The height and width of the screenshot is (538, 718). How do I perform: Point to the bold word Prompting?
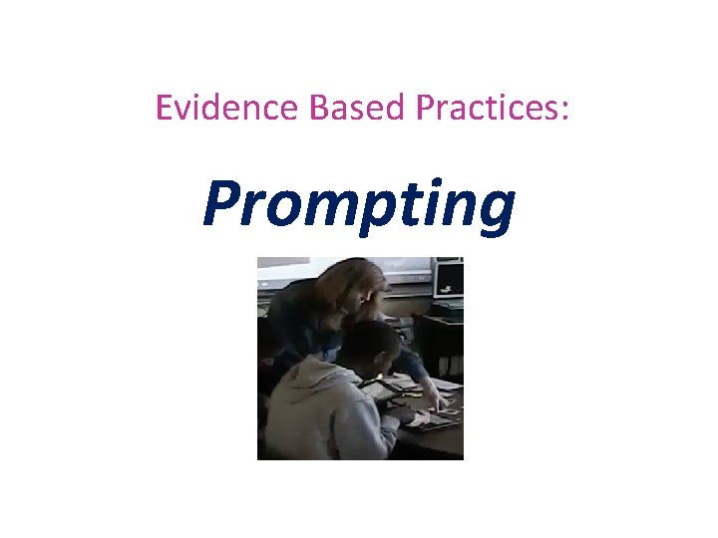point(359,204)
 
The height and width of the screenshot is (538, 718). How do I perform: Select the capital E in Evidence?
point(165,108)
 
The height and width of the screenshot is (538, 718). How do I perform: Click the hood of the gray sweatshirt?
point(309,384)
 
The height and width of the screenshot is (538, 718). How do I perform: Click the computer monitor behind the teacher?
point(449,278)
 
